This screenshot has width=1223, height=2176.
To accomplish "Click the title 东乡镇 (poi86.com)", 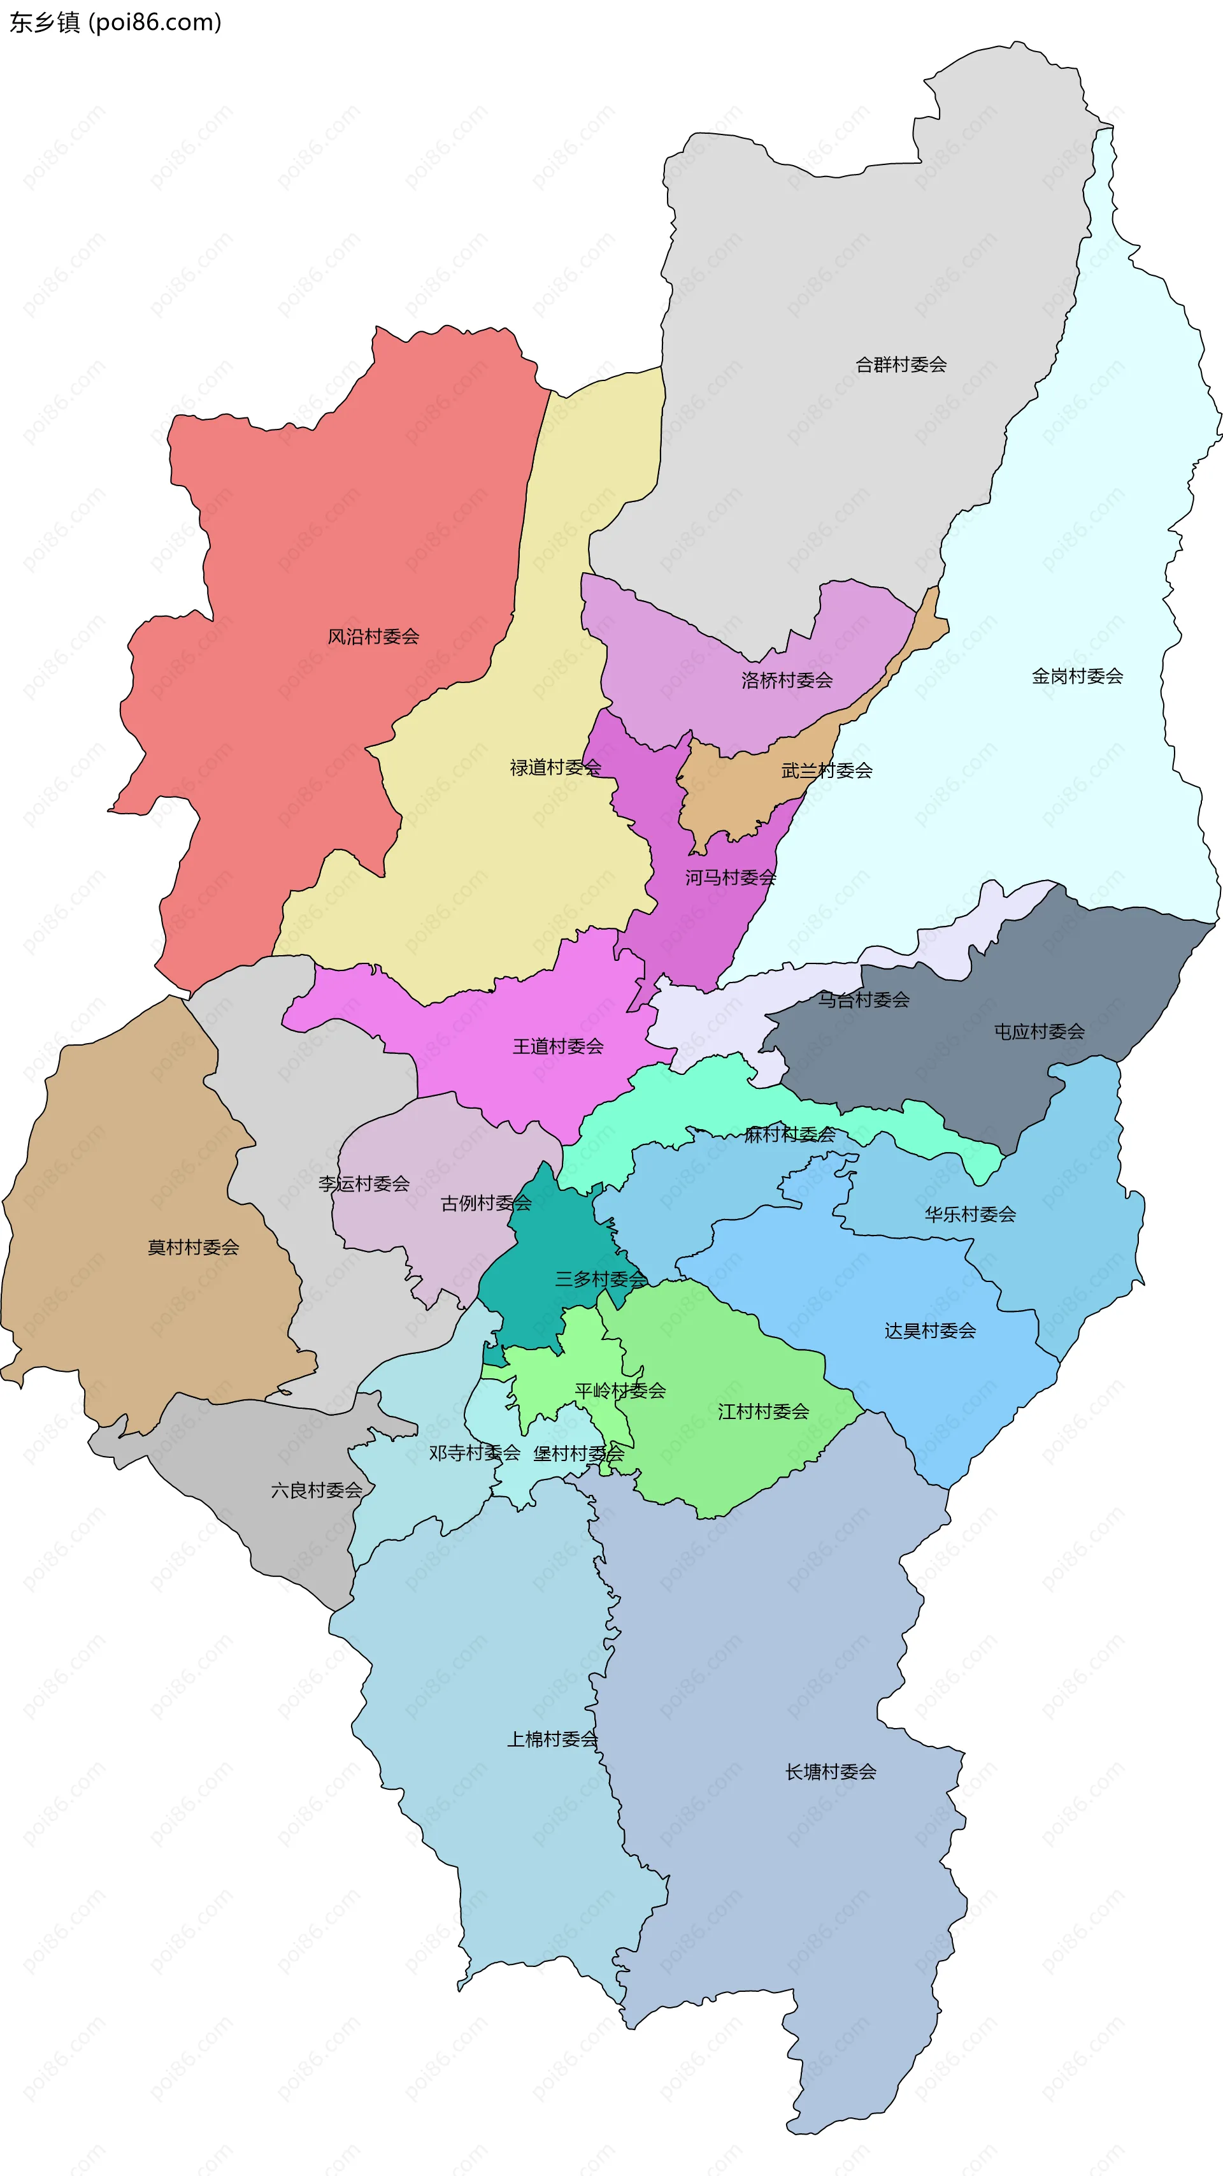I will (116, 22).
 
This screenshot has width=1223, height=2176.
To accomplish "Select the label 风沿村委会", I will (373, 637).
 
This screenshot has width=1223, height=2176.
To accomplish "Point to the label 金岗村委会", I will (1077, 677).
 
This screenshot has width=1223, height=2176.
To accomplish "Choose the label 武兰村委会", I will (826, 770).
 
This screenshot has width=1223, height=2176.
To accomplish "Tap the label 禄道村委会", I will (555, 768).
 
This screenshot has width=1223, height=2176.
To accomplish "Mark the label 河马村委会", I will (730, 877).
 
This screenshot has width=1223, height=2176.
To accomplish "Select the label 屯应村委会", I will (1038, 1032).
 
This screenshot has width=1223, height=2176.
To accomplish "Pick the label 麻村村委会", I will (789, 1134).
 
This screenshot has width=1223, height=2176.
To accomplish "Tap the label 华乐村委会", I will (969, 1214).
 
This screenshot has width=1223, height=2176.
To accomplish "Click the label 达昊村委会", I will (930, 1331).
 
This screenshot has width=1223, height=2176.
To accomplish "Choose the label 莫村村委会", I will (194, 1248).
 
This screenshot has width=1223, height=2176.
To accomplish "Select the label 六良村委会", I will (317, 1491).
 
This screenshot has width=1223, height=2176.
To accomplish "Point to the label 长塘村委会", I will (830, 1772).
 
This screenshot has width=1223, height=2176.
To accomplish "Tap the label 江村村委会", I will (762, 1411).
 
